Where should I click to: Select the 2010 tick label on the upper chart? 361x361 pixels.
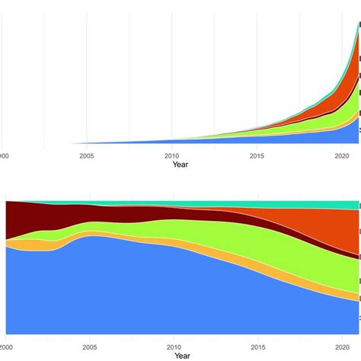pyautogui.click(x=171, y=155)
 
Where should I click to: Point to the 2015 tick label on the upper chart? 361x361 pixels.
pyautogui.click(x=257, y=155)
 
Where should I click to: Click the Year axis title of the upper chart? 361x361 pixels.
pyautogui.click(x=180, y=165)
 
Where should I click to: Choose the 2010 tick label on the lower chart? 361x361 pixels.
pyautogui.click(x=171, y=347)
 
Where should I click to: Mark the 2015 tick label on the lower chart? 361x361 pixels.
pyautogui.click(x=257, y=347)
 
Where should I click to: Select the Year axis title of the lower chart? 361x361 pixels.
pyautogui.click(x=180, y=356)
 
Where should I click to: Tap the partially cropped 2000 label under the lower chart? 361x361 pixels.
pyautogui.click(x=4, y=347)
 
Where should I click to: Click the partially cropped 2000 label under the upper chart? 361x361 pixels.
pyautogui.click(x=4, y=155)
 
